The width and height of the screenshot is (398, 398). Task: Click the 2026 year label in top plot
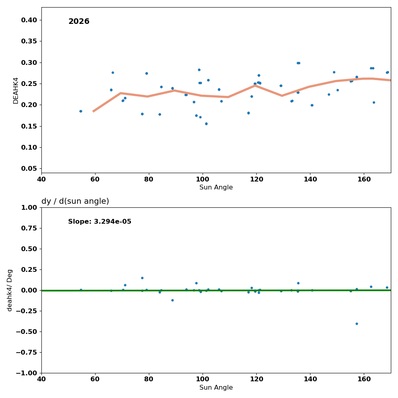point(79,21)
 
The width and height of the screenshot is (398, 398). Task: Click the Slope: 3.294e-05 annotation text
point(99,222)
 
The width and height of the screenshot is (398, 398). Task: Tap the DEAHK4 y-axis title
point(16,90)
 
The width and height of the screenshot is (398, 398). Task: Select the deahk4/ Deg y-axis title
point(10,290)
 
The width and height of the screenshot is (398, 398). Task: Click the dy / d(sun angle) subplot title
point(75,201)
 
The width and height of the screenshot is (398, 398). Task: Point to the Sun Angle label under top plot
point(216,187)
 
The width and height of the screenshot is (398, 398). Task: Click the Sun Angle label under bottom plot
point(216,388)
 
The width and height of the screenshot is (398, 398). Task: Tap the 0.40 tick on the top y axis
point(29,20)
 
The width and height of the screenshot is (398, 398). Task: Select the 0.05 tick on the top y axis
point(29,169)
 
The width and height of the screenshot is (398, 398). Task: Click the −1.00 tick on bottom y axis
point(26,373)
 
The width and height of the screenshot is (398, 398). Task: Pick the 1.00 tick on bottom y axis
point(29,207)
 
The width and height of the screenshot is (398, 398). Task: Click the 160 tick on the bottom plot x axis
point(364,378)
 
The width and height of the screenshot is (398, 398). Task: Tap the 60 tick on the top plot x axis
point(95,179)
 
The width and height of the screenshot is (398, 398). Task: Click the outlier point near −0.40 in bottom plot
point(357,324)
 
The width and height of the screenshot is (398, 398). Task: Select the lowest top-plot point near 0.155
point(206,124)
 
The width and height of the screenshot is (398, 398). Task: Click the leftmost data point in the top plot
point(81,111)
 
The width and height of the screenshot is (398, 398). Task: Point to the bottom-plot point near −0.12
point(172,300)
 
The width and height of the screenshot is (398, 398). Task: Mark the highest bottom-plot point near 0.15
point(142,278)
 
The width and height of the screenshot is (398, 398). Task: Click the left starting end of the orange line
point(94,111)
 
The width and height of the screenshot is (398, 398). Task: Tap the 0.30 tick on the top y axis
point(29,63)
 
